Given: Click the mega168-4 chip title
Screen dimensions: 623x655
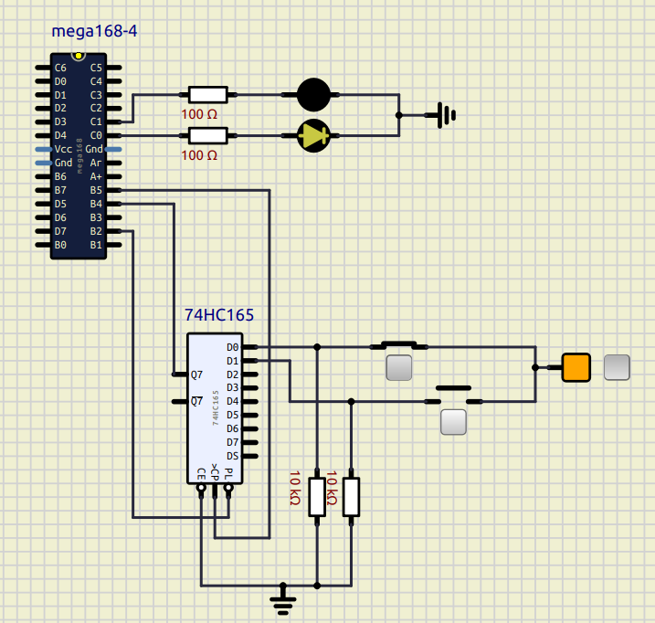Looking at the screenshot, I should (94, 32).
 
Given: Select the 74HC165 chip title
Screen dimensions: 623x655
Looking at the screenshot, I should (219, 315).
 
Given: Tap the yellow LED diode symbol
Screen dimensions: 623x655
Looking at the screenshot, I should (314, 135).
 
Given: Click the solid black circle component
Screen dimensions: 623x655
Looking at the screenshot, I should (314, 94).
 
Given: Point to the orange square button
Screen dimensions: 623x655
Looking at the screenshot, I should (576, 367).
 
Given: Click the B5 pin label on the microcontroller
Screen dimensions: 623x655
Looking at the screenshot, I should (96, 190).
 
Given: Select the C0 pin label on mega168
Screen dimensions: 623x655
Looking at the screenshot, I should (96, 135).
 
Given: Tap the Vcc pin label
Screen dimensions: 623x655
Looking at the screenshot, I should (63, 149).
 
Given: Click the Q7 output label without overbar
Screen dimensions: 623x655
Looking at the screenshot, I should (196, 374).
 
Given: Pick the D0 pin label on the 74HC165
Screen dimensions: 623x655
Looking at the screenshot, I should (232, 347).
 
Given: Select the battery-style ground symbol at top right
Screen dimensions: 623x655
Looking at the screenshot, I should (445, 115).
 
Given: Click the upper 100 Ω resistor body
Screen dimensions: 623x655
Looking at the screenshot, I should (207, 94).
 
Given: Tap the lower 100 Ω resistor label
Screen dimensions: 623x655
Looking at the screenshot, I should (199, 155).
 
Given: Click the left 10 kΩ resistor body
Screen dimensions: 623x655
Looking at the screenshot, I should (317, 497).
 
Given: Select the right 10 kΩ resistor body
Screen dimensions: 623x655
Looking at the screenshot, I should (352, 497).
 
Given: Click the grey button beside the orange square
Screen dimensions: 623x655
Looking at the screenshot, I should (618, 367).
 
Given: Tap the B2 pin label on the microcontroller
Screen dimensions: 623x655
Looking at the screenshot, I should (96, 231).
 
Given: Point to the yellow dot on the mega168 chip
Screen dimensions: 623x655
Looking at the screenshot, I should (79, 57).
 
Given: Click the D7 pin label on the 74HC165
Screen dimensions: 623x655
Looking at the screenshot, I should (232, 441).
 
